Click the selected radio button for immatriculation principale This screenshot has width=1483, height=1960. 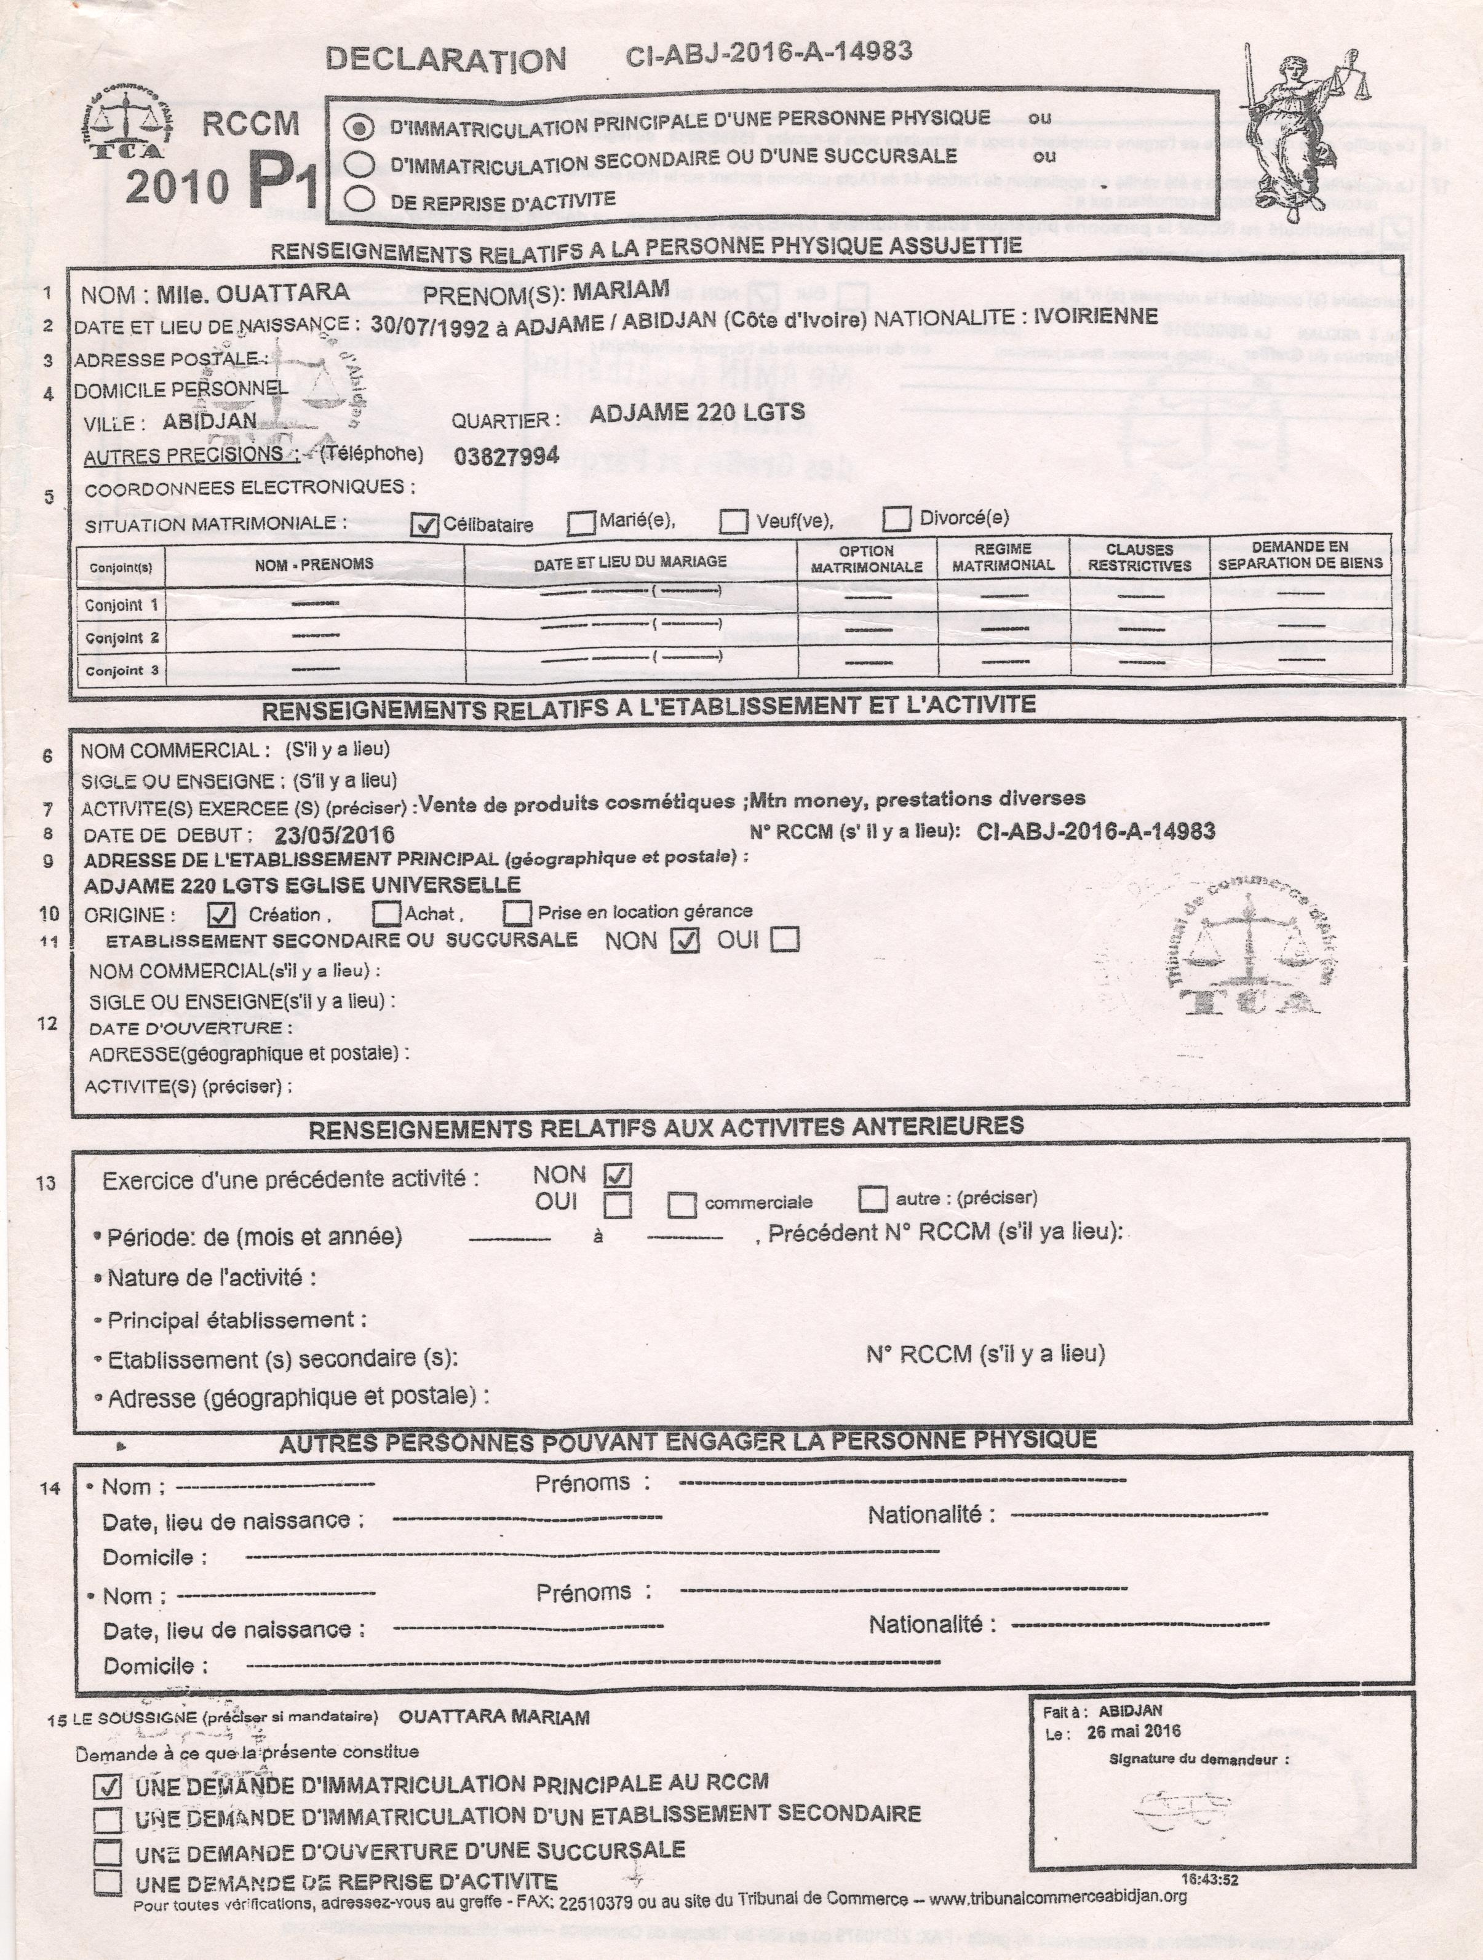pos(359,128)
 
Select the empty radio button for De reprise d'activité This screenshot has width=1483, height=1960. pos(359,199)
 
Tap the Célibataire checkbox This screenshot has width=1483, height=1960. pos(426,526)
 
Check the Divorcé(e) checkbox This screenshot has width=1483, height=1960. pos(897,518)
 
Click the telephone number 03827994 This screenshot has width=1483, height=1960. pos(506,456)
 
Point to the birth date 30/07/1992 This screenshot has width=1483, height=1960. pos(429,325)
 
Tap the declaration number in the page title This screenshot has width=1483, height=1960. pos(768,52)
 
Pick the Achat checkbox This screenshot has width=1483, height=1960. pos(386,912)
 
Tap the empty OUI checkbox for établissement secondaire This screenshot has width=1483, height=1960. pos(784,939)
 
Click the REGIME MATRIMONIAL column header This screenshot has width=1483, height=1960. pos(1003,558)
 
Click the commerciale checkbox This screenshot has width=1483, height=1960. pos(682,1204)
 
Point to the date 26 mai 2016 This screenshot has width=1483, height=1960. pos(1133,1731)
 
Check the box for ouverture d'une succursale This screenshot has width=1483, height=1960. pos(108,1851)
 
